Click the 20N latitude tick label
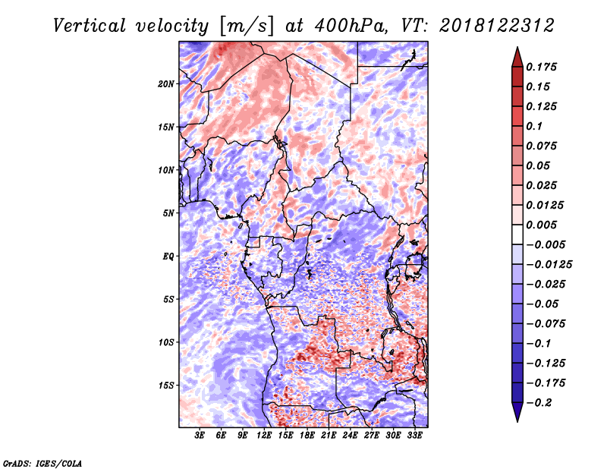[166, 84]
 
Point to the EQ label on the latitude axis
[168, 257]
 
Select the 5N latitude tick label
[168, 213]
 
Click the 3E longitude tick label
[200, 436]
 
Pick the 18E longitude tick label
[307, 436]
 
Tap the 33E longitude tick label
[414, 436]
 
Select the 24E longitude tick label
[350, 436]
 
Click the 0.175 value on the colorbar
[541, 67]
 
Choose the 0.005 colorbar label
[541, 225]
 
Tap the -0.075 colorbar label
[546, 324]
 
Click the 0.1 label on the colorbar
[534, 126]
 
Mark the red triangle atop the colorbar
[517, 58]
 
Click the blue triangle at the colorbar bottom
[517, 412]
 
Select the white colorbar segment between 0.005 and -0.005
[517, 234]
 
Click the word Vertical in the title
[90, 26]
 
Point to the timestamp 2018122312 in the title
[497, 26]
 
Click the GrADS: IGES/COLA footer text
[42, 463]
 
